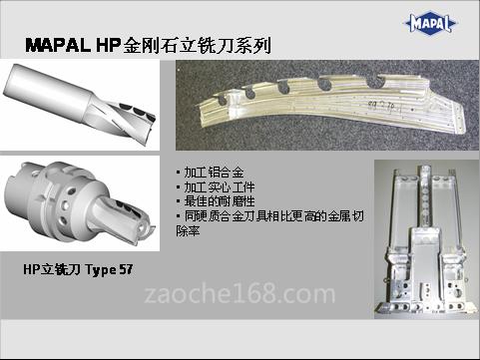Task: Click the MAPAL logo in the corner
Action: (x=430, y=24)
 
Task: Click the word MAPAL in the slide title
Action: (x=58, y=45)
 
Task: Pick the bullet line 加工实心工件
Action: (x=217, y=187)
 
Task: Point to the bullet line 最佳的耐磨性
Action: (x=217, y=201)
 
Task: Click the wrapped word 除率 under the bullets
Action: (x=188, y=230)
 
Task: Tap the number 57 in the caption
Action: (x=126, y=269)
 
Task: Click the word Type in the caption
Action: (x=101, y=270)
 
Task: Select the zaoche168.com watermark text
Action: (x=240, y=293)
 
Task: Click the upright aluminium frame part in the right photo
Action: (x=426, y=242)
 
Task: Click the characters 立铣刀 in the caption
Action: (x=61, y=269)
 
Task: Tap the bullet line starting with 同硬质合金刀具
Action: (x=270, y=216)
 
